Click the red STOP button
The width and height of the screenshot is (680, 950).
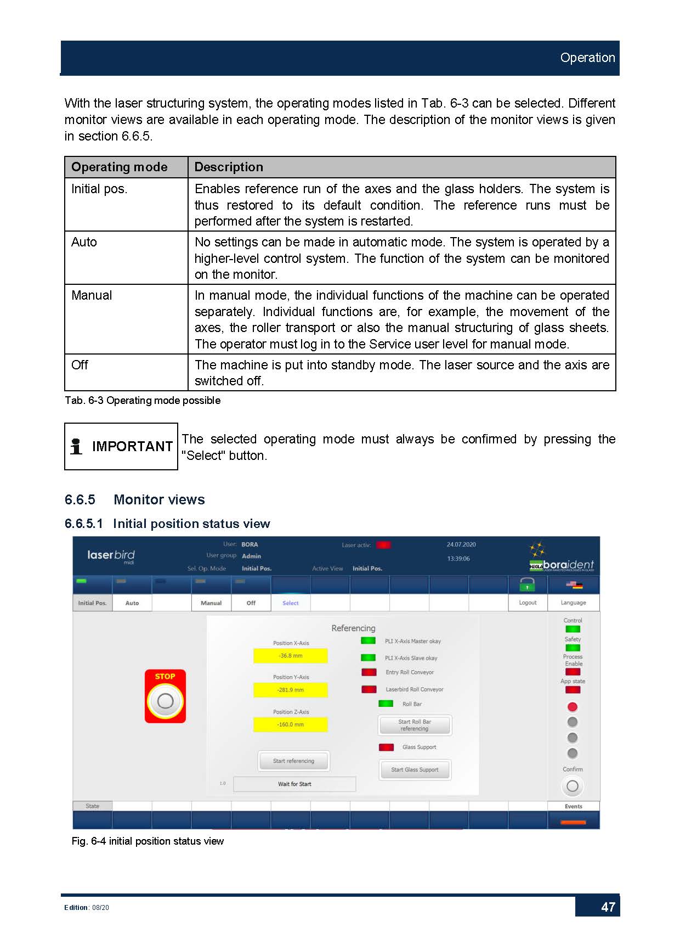(x=165, y=696)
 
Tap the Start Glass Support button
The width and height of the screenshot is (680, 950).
(x=415, y=769)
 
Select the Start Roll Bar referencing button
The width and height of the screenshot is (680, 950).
(x=415, y=725)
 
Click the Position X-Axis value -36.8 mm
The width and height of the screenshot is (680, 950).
(x=290, y=656)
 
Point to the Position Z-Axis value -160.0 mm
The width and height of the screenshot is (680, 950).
(x=290, y=724)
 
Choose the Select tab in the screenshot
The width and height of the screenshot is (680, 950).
(x=291, y=603)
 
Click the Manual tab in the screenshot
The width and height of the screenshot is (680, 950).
(x=211, y=603)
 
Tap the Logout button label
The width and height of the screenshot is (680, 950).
(x=528, y=603)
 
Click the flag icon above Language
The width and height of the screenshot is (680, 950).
(x=574, y=585)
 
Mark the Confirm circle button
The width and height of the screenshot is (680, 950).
(x=572, y=786)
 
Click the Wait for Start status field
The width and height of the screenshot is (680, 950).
(x=294, y=784)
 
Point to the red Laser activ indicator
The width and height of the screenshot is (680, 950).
(x=383, y=545)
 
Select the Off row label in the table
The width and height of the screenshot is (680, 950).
(x=80, y=365)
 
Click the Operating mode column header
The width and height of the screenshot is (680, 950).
(x=120, y=167)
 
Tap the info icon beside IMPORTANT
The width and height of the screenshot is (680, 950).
(x=76, y=446)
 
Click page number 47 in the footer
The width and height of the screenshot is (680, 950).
(x=608, y=907)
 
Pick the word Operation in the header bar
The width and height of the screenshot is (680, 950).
(x=587, y=58)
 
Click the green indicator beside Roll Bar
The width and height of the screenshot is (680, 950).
(x=386, y=704)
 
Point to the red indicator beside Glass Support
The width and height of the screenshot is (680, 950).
(x=386, y=747)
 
